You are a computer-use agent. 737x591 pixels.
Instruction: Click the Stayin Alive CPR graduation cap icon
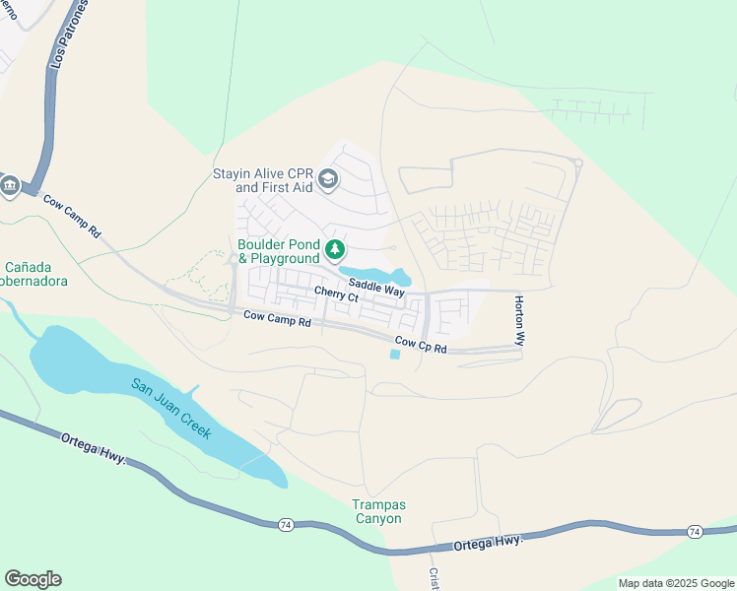pos(328,178)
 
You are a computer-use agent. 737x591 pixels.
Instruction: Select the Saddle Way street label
pos(376,287)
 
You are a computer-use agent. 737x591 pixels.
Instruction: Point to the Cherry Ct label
pos(336,294)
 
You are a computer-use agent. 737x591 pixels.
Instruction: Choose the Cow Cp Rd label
pos(421,346)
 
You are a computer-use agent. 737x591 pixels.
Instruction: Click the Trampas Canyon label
pos(378,511)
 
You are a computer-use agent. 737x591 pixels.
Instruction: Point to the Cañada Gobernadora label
pos(39,274)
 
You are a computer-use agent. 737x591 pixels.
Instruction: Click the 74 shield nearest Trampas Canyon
pos(285,525)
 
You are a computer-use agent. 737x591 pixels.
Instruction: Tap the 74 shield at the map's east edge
pos(694,532)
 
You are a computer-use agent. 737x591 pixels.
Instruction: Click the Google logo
pos(33,579)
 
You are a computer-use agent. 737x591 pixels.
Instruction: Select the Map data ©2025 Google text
pos(675,583)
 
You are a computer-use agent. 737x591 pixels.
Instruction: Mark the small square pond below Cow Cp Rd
pos(396,355)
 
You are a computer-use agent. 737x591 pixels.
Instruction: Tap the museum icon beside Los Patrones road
pos(11,185)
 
